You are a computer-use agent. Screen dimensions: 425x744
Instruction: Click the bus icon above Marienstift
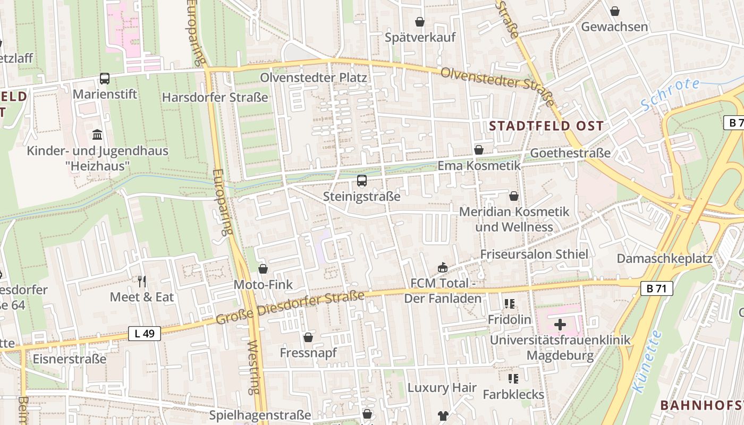[105, 79]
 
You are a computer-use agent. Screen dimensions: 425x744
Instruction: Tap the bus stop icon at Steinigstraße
[362, 181]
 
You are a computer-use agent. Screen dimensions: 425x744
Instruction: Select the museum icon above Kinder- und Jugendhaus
[97, 134]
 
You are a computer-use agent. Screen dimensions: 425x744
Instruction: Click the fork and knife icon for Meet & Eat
[141, 281]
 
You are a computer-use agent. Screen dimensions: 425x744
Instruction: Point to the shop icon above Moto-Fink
[263, 269]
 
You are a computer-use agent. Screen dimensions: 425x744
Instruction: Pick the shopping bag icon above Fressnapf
[308, 337]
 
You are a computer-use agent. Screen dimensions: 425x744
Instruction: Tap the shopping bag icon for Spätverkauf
[420, 22]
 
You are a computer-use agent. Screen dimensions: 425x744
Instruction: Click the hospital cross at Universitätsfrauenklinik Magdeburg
[560, 324]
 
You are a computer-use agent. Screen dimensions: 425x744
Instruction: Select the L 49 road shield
[145, 334]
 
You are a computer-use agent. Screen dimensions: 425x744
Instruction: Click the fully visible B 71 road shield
[656, 288]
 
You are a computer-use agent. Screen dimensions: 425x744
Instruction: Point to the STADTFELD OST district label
[546, 126]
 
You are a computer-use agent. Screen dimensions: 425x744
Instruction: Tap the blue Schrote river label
[670, 94]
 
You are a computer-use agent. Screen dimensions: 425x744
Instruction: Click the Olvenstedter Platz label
[313, 78]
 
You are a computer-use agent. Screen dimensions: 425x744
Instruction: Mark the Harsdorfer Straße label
[215, 97]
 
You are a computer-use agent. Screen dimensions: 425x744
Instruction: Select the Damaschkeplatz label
[664, 259]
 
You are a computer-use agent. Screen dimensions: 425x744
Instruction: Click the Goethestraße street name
[570, 153]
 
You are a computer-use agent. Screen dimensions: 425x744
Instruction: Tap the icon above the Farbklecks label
[513, 379]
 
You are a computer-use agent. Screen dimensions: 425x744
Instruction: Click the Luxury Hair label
[442, 388]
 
